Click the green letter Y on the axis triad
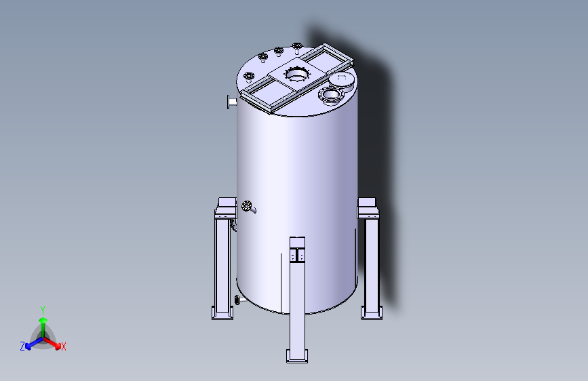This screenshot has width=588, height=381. click(43, 309)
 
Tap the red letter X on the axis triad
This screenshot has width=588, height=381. click(64, 346)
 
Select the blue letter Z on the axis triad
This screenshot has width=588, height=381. click(22, 346)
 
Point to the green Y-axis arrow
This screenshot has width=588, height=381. click(43, 323)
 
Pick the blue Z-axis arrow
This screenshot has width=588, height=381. click(33, 342)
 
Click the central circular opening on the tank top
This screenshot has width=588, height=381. click(296, 73)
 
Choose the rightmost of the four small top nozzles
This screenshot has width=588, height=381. click(297, 46)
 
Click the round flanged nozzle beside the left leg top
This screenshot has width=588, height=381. click(247, 206)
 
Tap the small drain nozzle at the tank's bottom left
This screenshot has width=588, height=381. click(237, 300)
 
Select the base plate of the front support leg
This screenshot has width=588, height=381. click(297, 356)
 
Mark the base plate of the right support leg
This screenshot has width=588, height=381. click(371, 312)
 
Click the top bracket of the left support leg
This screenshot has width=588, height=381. click(225, 206)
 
